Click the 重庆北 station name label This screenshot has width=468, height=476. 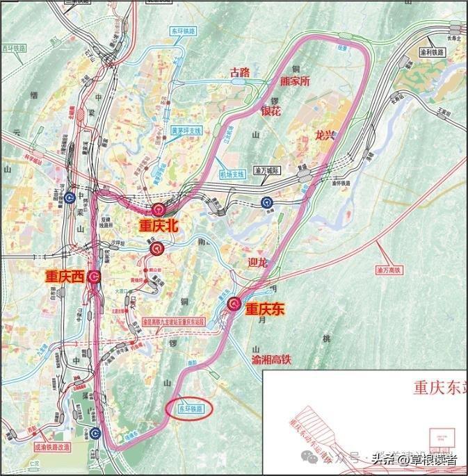pyautogui.click(x=159, y=225)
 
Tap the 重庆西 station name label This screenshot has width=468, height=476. pyautogui.click(x=65, y=276)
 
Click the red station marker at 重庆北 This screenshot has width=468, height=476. pyautogui.click(x=159, y=209)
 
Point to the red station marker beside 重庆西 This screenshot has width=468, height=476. pyautogui.click(x=94, y=277)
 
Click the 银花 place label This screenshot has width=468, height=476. pyautogui.click(x=271, y=110)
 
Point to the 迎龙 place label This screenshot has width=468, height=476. pyautogui.click(x=257, y=263)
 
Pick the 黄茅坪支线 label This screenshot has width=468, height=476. pyautogui.click(x=186, y=130)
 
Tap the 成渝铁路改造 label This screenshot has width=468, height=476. pyautogui.click(x=49, y=449)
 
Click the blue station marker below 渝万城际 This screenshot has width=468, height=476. pyautogui.click(x=266, y=202)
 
